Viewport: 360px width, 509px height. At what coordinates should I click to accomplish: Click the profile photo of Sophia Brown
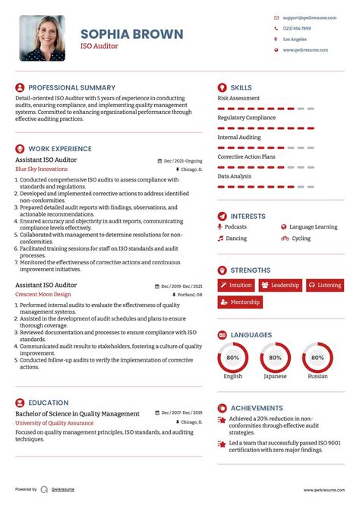[42, 38]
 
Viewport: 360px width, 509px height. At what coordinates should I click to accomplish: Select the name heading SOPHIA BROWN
[131, 33]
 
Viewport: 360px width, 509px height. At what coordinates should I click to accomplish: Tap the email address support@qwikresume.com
[305, 17]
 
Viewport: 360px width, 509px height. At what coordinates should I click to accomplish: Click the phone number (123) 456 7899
[296, 27]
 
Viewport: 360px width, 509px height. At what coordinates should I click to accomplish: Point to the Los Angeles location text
[295, 39]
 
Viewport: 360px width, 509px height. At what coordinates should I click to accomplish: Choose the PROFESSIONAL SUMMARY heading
[71, 87]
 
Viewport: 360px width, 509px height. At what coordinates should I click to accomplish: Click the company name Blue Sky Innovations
[41, 169]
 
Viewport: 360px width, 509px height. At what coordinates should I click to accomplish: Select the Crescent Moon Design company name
[43, 294]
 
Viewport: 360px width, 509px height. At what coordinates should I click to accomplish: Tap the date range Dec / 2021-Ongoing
[183, 161]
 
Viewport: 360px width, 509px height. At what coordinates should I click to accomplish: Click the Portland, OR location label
[190, 294]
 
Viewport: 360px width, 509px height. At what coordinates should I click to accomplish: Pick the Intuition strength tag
[236, 285]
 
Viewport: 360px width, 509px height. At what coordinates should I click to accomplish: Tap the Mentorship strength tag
[240, 302]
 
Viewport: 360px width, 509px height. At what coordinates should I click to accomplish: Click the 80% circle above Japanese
[275, 357]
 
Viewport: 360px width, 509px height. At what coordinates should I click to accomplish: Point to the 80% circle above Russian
[317, 357]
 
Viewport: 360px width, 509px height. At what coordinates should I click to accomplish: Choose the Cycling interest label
[301, 239]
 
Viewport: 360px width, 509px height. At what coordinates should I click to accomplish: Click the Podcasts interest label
[235, 226]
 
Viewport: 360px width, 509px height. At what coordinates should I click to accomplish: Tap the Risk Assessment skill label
[238, 98]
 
